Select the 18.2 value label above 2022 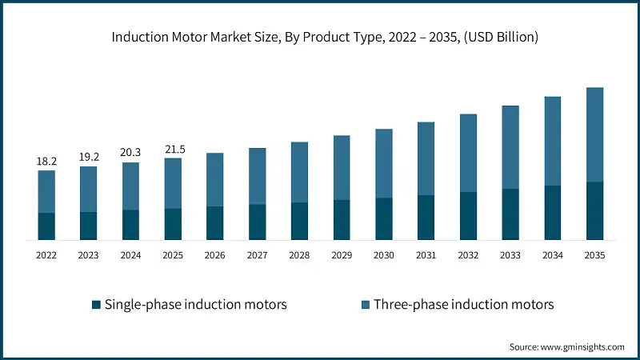pyautogui.click(x=46, y=161)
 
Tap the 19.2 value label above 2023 pyautogui.click(x=88, y=158)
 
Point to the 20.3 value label pyautogui.click(x=130, y=154)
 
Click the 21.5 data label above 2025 pyautogui.click(x=173, y=150)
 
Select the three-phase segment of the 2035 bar pyautogui.click(x=594, y=134)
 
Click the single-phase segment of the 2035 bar pyautogui.click(x=594, y=210)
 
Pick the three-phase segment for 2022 pyautogui.click(x=46, y=191)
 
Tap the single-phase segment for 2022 pyautogui.click(x=46, y=226)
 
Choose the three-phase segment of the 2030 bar pyautogui.click(x=384, y=163)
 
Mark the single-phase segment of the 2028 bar pyautogui.click(x=299, y=221)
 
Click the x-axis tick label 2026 pyautogui.click(x=215, y=255)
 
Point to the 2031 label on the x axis pyautogui.click(x=426, y=255)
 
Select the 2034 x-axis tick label pyautogui.click(x=552, y=255)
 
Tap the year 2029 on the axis pyautogui.click(x=342, y=255)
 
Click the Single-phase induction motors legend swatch pyautogui.click(x=97, y=305)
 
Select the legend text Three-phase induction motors pyautogui.click(x=463, y=305)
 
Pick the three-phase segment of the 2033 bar pyautogui.click(x=510, y=147)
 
